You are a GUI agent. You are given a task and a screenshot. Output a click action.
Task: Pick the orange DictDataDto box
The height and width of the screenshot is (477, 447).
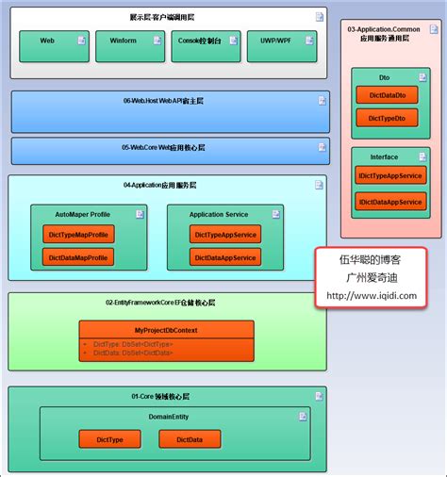pyautogui.click(x=388, y=95)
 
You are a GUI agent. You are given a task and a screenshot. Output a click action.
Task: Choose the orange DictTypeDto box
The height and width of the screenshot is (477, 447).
pyautogui.click(x=388, y=118)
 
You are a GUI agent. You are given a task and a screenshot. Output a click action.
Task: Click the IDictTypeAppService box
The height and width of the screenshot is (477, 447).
pyautogui.click(x=390, y=175)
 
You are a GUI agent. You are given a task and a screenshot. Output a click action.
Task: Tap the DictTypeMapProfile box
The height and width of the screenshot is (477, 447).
pyautogui.click(x=77, y=234)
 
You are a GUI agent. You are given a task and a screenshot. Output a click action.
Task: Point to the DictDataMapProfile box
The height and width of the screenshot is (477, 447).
pyautogui.click(x=77, y=257)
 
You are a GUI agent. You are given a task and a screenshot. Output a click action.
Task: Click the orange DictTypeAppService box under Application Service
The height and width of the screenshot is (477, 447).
pyautogui.click(x=225, y=234)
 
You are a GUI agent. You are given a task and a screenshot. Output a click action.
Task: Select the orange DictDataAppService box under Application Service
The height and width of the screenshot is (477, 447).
pyautogui.click(x=225, y=257)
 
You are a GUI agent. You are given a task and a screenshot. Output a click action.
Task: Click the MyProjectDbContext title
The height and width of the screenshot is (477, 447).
pyautogui.click(x=166, y=329)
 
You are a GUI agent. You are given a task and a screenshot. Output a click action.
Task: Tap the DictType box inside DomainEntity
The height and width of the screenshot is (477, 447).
pyautogui.click(x=110, y=438)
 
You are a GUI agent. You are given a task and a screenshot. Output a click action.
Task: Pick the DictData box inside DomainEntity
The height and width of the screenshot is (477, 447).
pyautogui.click(x=190, y=438)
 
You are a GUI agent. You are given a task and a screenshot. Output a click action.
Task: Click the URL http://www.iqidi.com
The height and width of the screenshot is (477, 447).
pyautogui.click(x=371, y=295)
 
